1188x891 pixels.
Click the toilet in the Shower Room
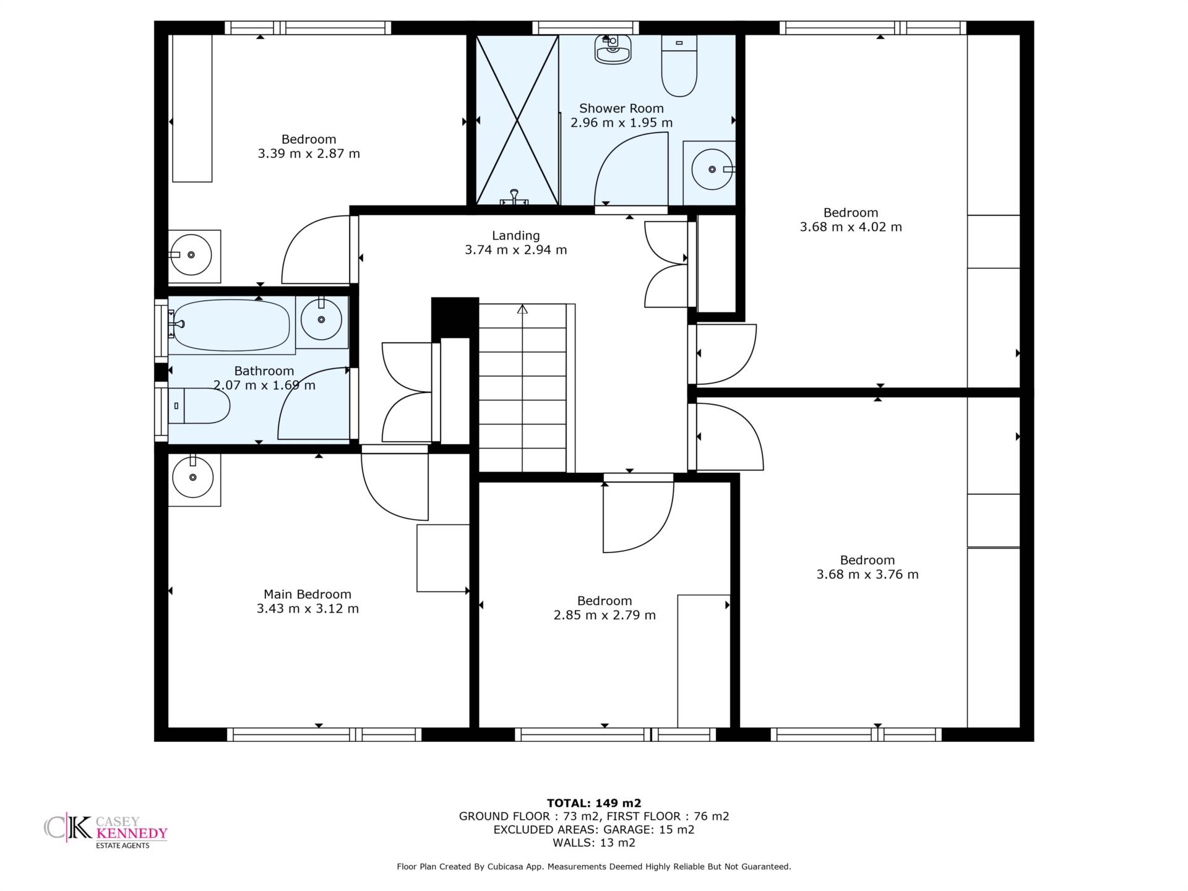[x=679, y=66]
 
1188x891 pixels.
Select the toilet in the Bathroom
[x=199, y=406]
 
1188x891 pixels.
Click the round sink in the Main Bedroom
[x=193, y=477]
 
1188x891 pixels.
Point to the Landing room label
[x=516, y=236]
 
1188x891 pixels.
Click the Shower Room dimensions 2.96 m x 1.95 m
[x=621, y=123]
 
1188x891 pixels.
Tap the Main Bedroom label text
[x=308, y=594]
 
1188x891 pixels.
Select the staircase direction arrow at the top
[x=522, y=309]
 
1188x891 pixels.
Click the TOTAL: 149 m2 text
[x=594, y=803]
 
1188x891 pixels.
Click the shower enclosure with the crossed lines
[x=517, y=119]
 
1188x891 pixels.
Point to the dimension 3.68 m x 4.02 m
[x=851, y=227]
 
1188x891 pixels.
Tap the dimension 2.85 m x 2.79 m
[x=605, y=615]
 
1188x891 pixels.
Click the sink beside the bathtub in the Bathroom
[x=321, y=319]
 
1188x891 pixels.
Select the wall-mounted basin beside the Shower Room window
[x=613, y=49]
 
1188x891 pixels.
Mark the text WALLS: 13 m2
[x=594, y=843]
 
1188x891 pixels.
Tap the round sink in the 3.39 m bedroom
[x=191, y=254]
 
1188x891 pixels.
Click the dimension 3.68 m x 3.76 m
[x=867, y=574]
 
